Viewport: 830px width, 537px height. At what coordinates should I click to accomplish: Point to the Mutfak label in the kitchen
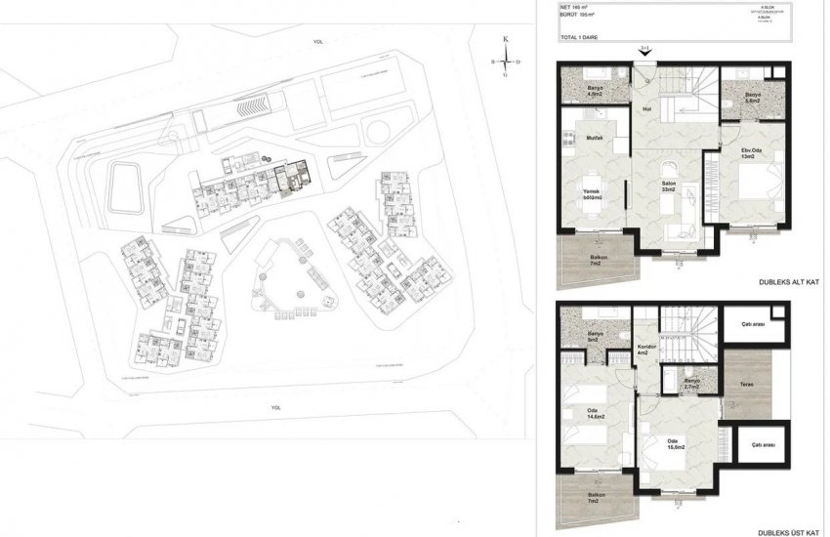(594, 139)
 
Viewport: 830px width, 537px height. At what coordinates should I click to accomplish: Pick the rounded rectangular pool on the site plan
(124, 186)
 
